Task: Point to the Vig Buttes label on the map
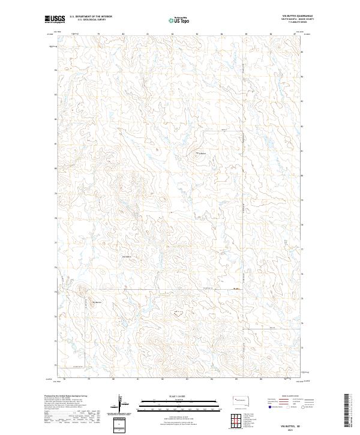tap(97, 302)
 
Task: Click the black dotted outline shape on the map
tap(178, 313)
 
